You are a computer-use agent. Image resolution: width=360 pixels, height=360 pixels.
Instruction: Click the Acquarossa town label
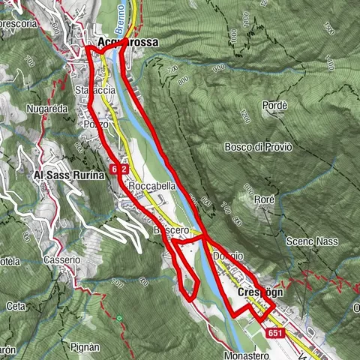click(128, 43)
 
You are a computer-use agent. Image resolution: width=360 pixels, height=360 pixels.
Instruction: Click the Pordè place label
click(275, 106)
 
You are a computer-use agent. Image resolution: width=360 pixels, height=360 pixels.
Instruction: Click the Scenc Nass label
click(311, 241)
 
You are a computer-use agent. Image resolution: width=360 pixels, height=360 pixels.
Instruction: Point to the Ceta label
click(15, 306)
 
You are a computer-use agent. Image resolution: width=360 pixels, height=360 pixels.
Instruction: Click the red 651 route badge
click(275, 333)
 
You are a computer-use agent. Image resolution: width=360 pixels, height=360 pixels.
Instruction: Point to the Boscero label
click(166, 229)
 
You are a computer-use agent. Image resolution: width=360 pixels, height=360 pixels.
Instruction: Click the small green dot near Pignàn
click(118, 318)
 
